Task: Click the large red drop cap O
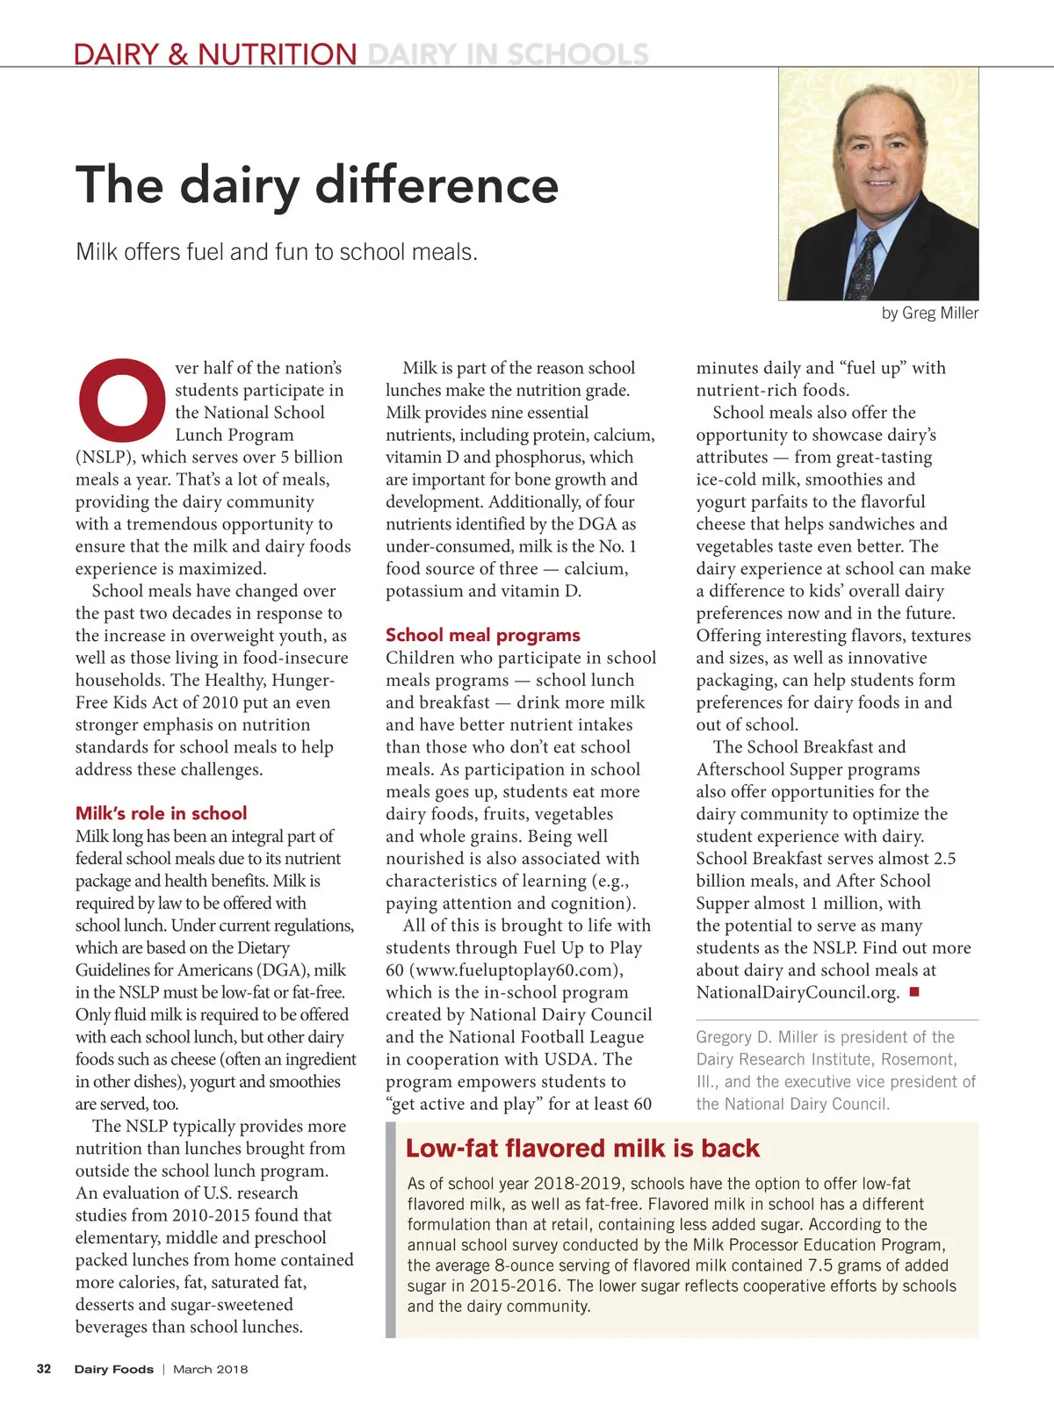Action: point(121,400)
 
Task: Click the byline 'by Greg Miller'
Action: point(929,313)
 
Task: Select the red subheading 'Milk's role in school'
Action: point(161,813)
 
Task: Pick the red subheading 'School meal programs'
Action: point(482,635)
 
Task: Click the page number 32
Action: point(44,1369)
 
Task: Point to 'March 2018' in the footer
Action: point(210,1369)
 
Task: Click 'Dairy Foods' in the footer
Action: point(113,1369)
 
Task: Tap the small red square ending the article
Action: point(913,992)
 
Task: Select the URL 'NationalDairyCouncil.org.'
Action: point(798,993)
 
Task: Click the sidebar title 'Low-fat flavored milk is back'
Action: point(582,1149)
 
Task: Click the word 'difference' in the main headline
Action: point(437,185)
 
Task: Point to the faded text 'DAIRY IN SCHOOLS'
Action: point(508,54)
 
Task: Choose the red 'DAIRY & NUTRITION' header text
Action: point(215,54)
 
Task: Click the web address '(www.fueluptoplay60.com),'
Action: point(504,970)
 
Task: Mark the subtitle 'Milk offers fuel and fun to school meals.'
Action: point(277,252)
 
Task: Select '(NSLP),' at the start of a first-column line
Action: point(105,458)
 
